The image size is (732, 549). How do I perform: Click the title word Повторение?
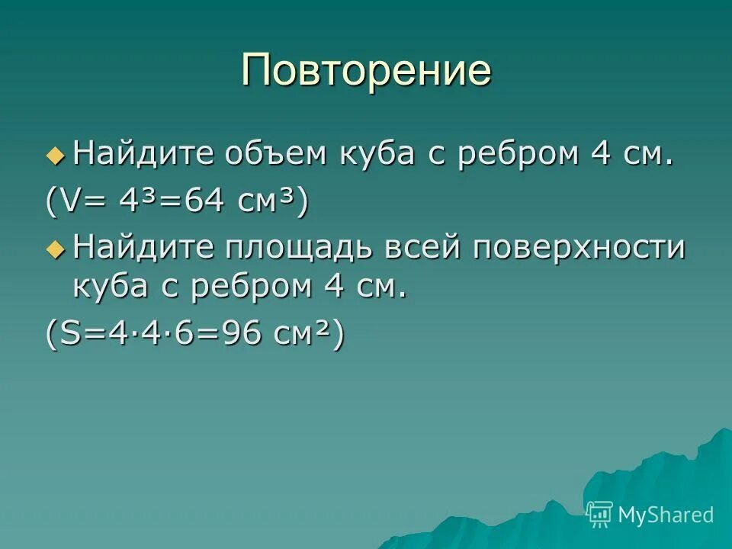[366, 71]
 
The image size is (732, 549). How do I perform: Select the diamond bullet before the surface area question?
[56, 249]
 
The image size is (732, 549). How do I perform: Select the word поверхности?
[579, 249]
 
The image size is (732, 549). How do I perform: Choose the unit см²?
[300, 333]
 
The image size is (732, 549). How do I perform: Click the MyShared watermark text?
[665, 515]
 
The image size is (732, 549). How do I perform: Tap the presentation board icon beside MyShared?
[599, 515]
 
